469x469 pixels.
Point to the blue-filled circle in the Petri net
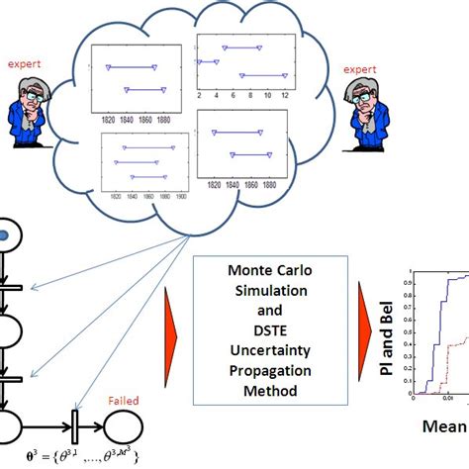(x=5, y=235)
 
